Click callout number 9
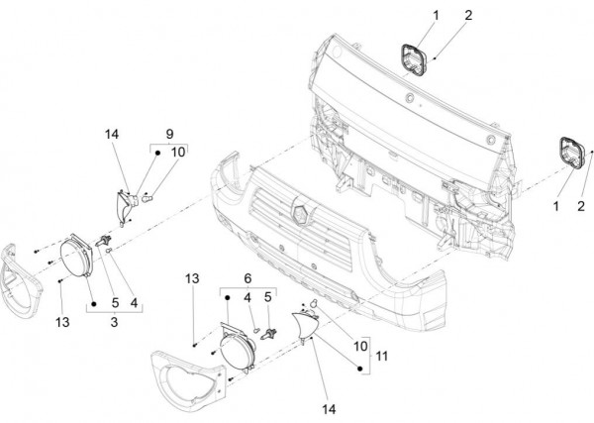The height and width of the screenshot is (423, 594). (x=169, y=132)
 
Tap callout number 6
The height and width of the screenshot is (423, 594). (x=247, y=280)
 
